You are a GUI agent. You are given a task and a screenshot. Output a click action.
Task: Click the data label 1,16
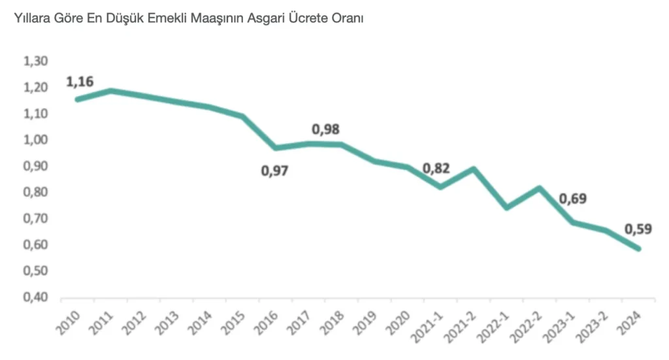tap(80, 82)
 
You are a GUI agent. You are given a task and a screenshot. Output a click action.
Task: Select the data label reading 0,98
tap(325, 129)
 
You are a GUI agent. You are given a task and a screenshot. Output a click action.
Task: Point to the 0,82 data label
tap(436, 169)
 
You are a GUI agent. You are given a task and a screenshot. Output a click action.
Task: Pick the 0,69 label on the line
tap(573, 199)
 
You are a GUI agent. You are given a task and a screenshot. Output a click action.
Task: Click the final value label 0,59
tap(639, 229)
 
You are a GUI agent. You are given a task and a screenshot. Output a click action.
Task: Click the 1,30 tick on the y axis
tap(36, 61)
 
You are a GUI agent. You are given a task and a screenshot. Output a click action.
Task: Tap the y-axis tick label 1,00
tap(36, 140)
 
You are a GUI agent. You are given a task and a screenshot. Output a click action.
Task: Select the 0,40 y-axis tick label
tap(36, 297)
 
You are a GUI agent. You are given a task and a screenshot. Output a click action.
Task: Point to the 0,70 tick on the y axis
tap(36, 219)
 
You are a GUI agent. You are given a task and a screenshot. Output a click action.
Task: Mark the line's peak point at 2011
tap(111, 90)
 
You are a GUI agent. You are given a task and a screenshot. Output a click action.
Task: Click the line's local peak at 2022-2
tap(538, 188)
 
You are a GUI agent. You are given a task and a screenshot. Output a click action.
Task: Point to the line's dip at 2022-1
tap(506, 208)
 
